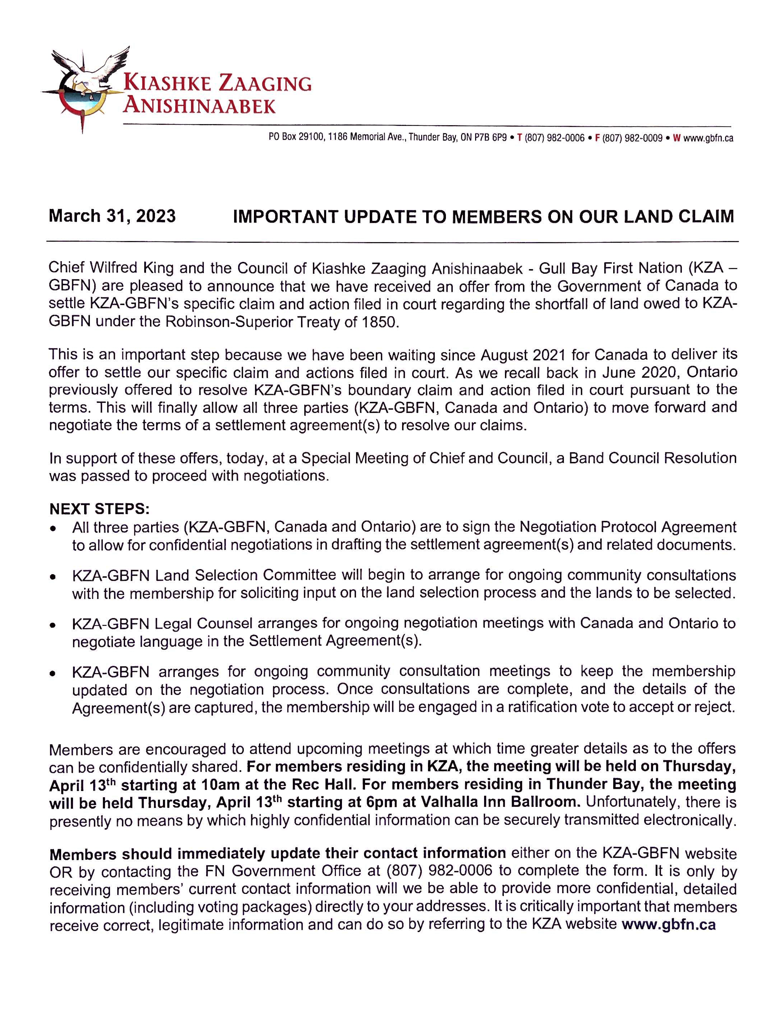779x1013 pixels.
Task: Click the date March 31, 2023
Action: pyautogui.click(x=112, y=216)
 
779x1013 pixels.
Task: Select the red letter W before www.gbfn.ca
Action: pyautogui.click(x=676, y=138)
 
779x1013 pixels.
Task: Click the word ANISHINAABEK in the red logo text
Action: pyautogui.click(x=199, y=106)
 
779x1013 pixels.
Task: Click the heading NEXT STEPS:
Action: pyautogui.click(x=99, y=509)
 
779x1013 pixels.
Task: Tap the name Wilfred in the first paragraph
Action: pyautogui.click(x=113, y=268)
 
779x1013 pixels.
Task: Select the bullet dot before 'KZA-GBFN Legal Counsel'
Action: pyautogui.click(x=54, y=625)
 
